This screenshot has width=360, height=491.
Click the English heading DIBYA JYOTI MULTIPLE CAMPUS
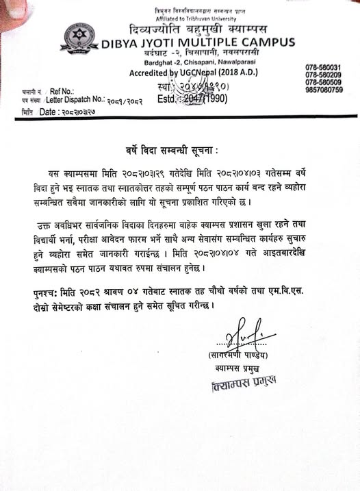click(x=198, y=42)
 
